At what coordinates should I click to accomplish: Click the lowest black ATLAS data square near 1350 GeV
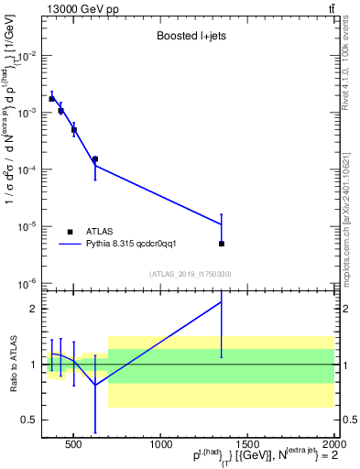pos(222,244)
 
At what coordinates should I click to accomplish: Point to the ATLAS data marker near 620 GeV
pos(94,159)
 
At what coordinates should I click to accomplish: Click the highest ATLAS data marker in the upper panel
pos(52,98)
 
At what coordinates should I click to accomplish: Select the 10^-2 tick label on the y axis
pos(27,56)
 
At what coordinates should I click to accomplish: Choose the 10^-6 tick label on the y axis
pos(27,283)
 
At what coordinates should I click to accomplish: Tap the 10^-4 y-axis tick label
pos(27,169)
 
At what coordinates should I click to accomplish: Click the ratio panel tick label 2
pos(32,309)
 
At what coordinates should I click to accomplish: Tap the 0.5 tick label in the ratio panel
pos(28,420)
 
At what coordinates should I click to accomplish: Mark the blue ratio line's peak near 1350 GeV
pos(222,301)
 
